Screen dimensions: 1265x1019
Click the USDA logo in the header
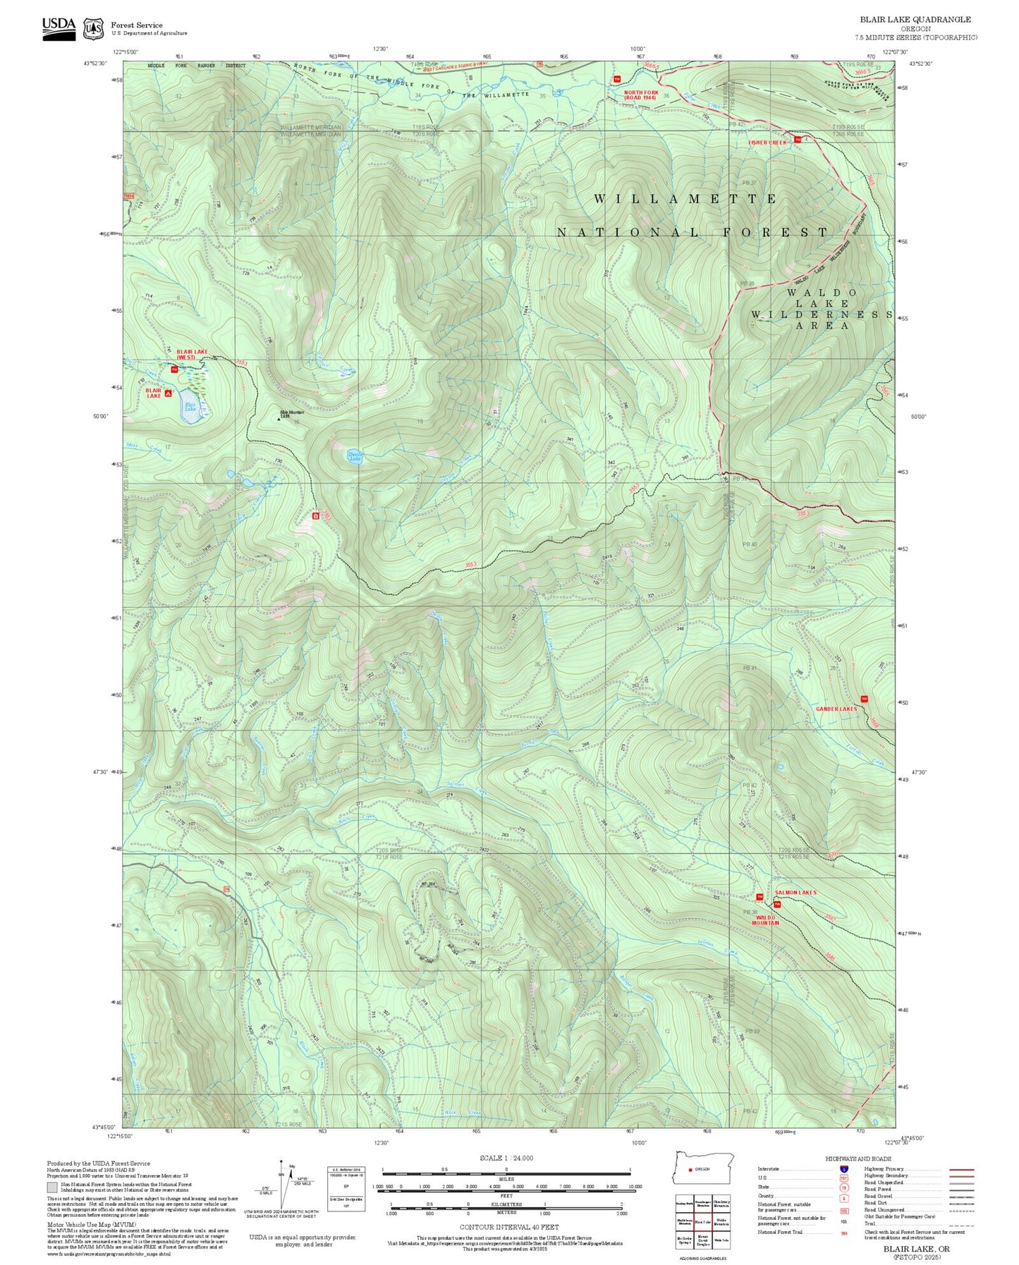[59, 28]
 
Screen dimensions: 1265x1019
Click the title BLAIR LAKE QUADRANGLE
[915, 20]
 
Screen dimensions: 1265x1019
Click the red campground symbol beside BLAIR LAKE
[169, 393]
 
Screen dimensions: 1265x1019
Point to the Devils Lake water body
[356, 456]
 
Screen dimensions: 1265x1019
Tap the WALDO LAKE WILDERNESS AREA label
[822, 309]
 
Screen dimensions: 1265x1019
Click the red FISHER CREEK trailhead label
[767, 142]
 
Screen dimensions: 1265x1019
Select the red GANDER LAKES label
[836, 709]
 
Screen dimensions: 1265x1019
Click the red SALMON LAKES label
[795, 892]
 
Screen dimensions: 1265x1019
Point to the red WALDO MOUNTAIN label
[765, 919]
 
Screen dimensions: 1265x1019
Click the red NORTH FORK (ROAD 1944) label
[640, 94]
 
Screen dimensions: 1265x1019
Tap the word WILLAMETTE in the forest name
[684, 200]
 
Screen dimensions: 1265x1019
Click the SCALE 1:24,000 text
[506, 1158]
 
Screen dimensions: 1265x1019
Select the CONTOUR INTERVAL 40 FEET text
[508, 1227]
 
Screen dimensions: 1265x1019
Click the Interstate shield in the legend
[843, 1169]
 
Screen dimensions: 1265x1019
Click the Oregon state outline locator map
[703, 1168]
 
